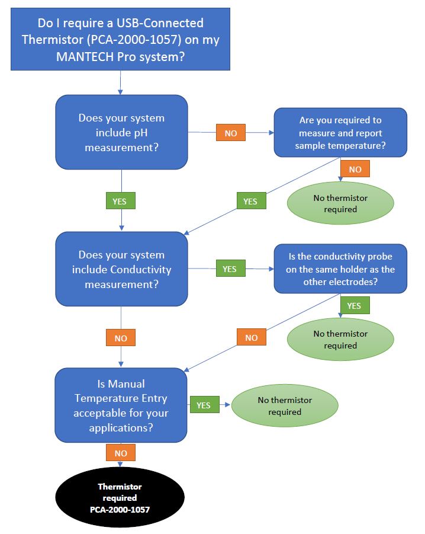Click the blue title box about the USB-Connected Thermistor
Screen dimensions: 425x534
tap(120, 39)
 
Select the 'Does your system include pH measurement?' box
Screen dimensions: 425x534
tap(121, 132)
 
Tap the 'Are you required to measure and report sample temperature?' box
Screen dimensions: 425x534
tap(340, 133)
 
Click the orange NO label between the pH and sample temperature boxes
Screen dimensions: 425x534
tap(230, 133)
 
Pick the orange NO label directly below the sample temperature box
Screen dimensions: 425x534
tap(355, 168)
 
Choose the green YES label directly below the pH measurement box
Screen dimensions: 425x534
tap(120, 201)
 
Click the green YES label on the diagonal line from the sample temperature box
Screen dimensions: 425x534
tap(251, 201)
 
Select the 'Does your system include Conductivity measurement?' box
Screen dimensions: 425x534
tap(121, 269)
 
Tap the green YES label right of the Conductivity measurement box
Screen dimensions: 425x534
tap(230, 268)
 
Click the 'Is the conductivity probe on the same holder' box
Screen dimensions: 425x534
tap(340, 268)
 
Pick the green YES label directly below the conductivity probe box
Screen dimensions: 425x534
tap(355, 305)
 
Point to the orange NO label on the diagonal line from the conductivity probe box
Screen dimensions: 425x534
tap(251, 337)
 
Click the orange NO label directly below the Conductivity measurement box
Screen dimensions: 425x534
tap(120, 337)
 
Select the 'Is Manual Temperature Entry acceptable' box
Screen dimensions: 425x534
tap(121, 405)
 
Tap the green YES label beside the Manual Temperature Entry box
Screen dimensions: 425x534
tap(204, 405)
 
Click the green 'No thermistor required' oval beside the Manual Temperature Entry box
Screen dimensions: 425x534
tap(285, 405)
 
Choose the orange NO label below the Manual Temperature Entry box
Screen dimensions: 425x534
tap(120, 452)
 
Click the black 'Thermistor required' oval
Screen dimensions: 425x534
tap(120, 497)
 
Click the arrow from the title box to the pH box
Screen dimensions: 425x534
tap(120, 83)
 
